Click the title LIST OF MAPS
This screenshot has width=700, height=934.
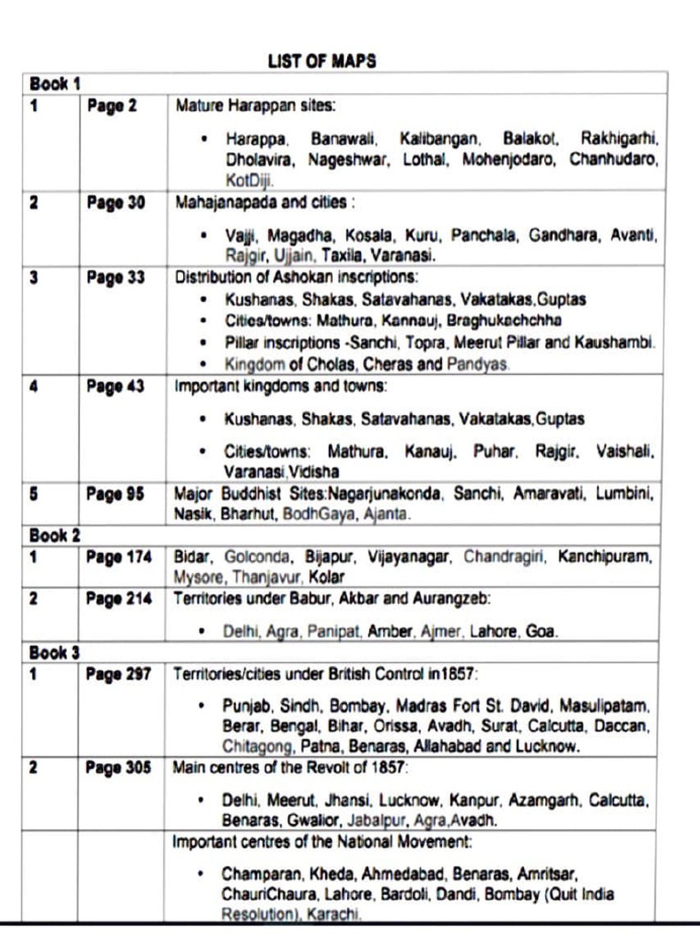point(322,61)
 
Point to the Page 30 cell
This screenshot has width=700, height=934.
point(116,202)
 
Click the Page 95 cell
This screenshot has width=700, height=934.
point(116,493)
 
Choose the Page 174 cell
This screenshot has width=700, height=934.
point(119,556)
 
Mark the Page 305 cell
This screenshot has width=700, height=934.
point(119,768)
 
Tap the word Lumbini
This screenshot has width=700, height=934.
point(626,493)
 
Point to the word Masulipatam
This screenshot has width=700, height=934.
point(605,706)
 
